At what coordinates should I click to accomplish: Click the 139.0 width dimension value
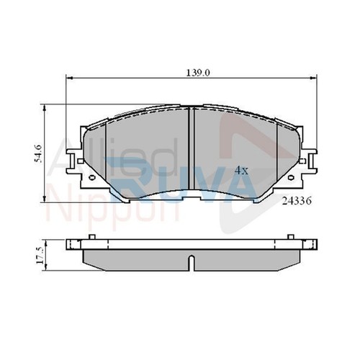tap(198, 73)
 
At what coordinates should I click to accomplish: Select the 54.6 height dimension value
tap(38, 153)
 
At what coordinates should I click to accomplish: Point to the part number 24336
tap(297, 201)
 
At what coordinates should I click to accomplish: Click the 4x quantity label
tap(241, 171)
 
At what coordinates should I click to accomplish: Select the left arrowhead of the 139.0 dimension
tap(69, 78)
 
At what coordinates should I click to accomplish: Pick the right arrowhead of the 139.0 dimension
tap(313, 78)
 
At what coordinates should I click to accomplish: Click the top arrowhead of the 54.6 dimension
tap(44, 108)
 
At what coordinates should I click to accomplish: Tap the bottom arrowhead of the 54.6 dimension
tap(44, 199)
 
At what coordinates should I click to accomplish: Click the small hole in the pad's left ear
tap(92, 178)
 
